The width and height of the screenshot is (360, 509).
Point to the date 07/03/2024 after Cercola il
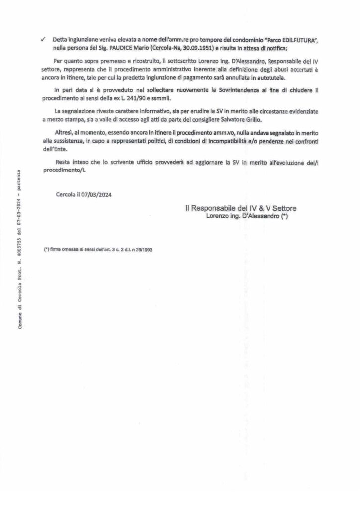pyautogui.click(x=97, y=195)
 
